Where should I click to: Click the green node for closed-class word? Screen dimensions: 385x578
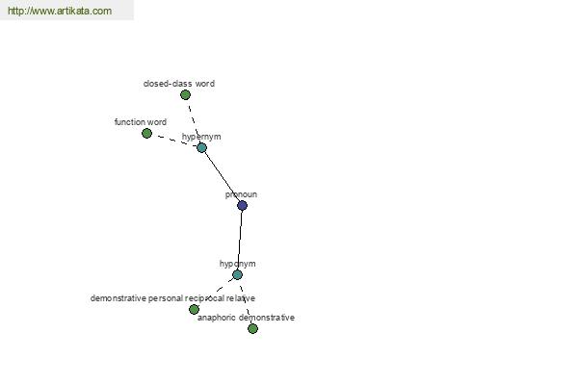(185, 94)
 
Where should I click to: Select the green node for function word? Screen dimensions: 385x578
(146, 133)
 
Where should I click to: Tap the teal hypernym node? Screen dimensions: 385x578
(201, 147)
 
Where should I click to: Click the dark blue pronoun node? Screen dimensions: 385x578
(242, 205)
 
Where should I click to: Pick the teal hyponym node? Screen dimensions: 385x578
(237, 274)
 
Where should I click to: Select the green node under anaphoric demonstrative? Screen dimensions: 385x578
(252, 328)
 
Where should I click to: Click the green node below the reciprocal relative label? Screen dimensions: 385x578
(194, 309)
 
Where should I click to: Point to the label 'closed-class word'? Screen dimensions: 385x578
(178, 84)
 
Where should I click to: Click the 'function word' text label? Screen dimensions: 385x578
(140, 122)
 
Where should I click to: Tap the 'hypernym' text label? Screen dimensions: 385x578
(201, 137)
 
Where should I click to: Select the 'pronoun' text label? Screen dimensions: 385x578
(241, 194)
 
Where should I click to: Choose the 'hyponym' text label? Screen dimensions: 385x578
(237, 264)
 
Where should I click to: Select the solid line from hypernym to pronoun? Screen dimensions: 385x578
(222, 176)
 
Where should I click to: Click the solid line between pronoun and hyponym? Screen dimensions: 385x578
(240, 240)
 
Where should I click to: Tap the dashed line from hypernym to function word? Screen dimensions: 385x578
(173, 141)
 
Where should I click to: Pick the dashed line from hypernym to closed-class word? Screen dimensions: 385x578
(193, 120)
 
